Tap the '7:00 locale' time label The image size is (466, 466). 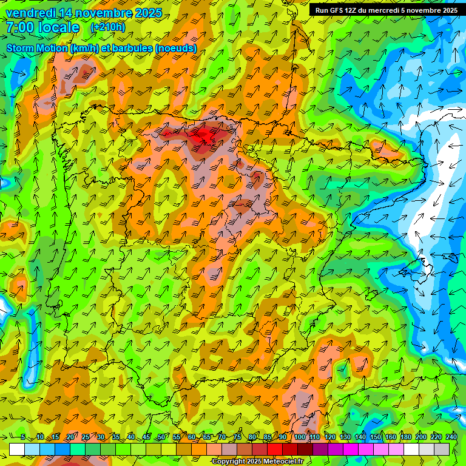pos(42,27)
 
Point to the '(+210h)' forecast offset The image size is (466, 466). pos(107,27)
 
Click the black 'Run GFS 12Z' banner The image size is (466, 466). pos(387,10)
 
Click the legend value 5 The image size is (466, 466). pos(23,437)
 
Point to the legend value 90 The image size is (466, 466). pos(283,437)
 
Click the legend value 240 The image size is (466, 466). pos(451,437)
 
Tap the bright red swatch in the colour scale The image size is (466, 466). pos(275,449)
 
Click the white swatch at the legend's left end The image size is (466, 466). pos(17,449)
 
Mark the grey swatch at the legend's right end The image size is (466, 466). pos(442,449)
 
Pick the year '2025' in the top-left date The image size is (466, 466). pos(147,13)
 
